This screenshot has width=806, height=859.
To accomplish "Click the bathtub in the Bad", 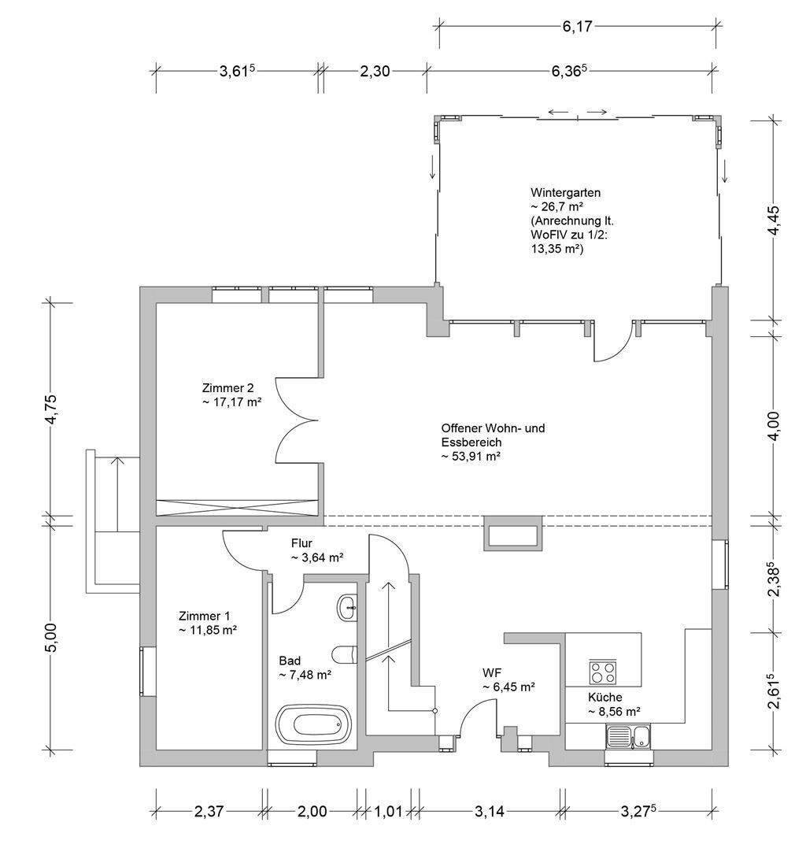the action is (313, 723).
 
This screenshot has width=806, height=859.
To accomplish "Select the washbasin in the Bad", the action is (347, 606).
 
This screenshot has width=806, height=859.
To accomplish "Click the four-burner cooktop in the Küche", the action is (603, 672).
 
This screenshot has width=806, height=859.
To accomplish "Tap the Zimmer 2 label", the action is (227, 388).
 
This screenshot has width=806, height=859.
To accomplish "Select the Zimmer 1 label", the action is (204, 616).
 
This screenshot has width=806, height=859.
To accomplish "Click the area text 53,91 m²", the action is (472, 456).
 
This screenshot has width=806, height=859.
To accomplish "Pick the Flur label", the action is (303, 543).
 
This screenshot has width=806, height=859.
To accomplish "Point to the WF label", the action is (493, 673).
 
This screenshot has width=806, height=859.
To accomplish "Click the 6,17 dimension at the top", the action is (578, 25).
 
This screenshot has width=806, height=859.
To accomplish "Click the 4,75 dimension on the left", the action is (53, 409).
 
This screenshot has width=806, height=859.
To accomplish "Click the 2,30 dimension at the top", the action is (375, 71).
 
